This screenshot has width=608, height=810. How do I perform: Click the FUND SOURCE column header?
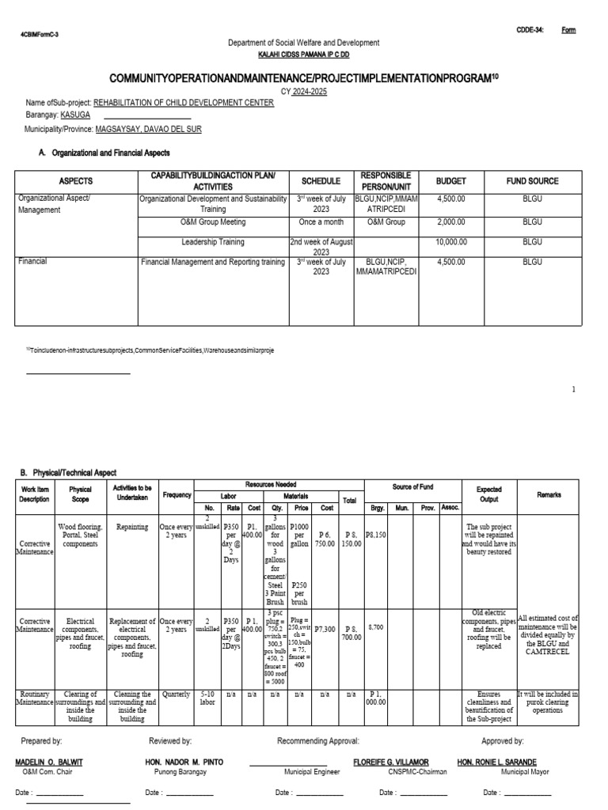pos(532,180)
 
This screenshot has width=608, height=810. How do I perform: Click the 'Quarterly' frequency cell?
pos(174,695)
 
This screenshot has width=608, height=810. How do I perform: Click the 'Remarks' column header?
pos(549,494)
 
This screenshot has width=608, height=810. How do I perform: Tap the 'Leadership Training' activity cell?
pos(213,243)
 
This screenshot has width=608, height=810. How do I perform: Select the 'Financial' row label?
pos(32,260)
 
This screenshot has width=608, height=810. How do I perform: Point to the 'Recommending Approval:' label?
pos(318,741)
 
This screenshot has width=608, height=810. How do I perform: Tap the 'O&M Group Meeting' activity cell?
pos(213,223)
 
